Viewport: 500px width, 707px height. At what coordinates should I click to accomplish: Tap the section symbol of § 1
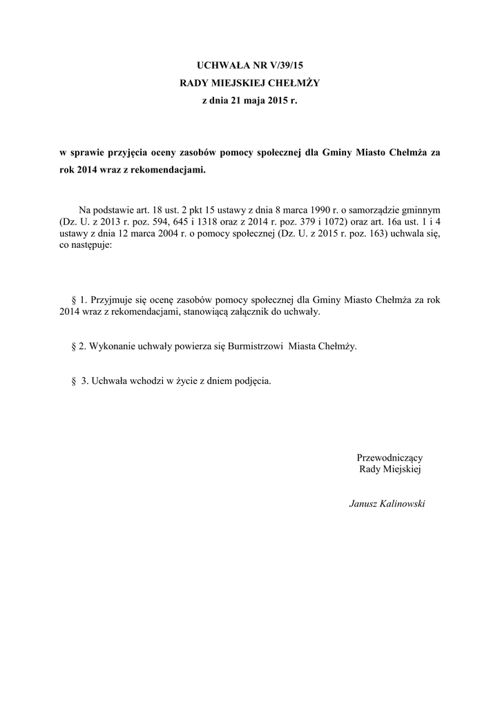tap(74, 300)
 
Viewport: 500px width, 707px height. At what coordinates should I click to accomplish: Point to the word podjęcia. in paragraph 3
tap(253, 380)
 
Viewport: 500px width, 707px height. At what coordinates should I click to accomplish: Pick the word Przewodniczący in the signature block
tap(390, 457)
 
